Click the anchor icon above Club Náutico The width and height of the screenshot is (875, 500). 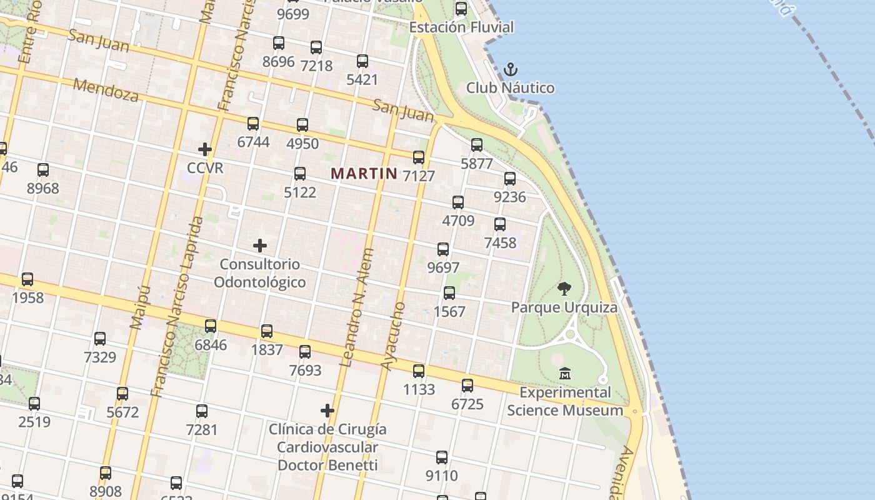[x=511, y=69]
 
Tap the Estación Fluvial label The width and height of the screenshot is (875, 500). [x=461, y=27]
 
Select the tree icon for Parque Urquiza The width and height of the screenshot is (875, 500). [x=564, y=289]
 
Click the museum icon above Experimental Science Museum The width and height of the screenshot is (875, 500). [x=565, y=373]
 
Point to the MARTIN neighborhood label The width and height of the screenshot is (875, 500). [x=364, y=173]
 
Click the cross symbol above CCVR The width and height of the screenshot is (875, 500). [x=204, y=149]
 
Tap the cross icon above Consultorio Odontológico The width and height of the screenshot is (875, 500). [x=260, y=246]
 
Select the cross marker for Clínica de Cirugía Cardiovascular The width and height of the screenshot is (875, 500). [x=327, y=411]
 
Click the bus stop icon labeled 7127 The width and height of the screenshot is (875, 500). [x=419, y=157]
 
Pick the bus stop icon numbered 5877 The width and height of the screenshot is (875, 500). [x=477, y=145]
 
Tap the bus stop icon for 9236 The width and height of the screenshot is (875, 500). [x=510, y=179]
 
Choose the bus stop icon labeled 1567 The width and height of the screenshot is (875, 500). [x=449, y=293]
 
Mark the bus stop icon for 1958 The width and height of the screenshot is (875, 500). [x=27, y=279]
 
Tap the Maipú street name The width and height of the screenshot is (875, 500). [x=140, y=307]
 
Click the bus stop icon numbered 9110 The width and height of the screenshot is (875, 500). [x=442, y=457]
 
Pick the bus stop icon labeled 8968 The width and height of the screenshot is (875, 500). [x=43, y=170]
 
